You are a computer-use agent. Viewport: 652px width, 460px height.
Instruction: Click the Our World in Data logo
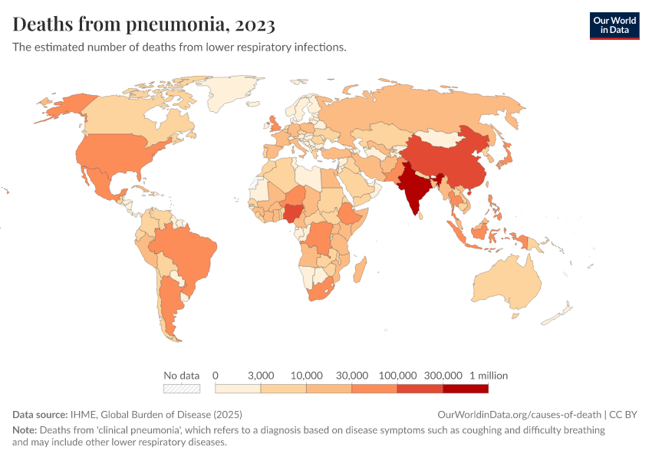[614, 25]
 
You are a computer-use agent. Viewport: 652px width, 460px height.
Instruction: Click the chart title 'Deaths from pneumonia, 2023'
[143, 25]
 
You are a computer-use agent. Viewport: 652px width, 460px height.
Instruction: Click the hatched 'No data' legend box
[182, 389]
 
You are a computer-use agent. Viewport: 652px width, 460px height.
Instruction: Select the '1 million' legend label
[489, 376]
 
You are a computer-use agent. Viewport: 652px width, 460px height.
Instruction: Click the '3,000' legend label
[261, 376]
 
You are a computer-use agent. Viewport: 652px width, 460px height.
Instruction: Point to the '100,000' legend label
[397, 376]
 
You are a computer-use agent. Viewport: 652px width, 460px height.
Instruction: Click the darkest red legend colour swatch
[466, 389]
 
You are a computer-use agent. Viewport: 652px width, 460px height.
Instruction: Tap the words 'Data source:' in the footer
[40, 414]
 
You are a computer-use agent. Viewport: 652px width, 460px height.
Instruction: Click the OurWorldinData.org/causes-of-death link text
[519, 414]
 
